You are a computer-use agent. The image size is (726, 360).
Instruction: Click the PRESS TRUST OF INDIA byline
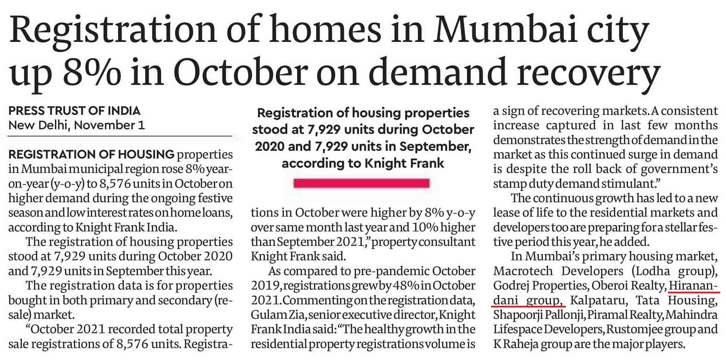point(74,111)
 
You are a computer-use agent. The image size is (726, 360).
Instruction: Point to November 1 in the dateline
point(110,125)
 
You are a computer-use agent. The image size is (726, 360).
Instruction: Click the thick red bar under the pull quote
point(361,183)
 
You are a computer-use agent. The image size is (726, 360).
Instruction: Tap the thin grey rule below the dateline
point(120,136)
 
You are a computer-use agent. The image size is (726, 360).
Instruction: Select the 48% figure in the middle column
point(405,286)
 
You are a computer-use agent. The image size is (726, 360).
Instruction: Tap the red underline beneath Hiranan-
point(694,292)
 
